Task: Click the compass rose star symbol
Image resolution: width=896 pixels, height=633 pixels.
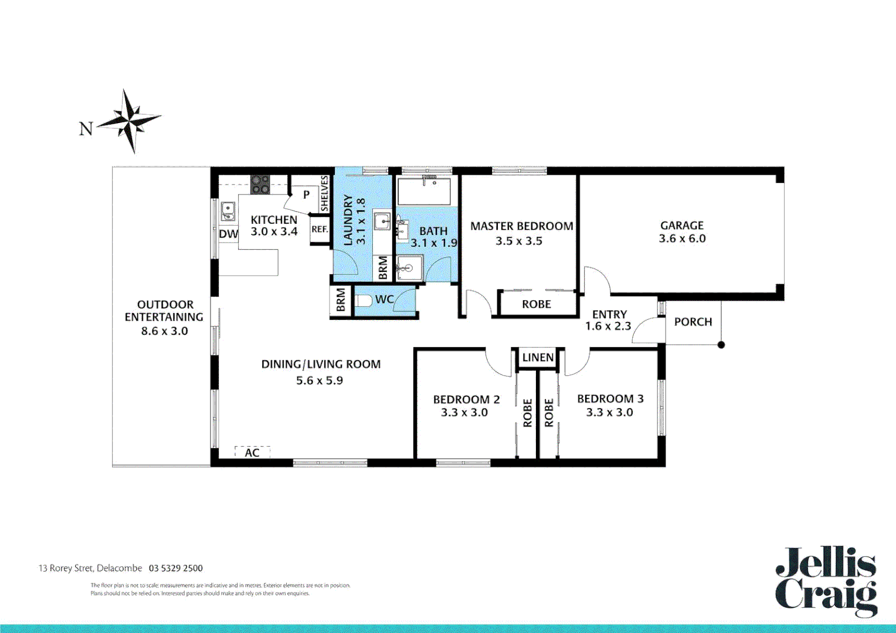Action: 130,121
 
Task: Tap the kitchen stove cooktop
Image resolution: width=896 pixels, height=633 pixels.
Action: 260,184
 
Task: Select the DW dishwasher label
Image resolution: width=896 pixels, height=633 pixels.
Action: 228,234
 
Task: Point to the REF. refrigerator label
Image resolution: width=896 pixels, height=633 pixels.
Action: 320,229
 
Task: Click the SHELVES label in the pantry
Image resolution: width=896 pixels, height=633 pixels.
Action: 324,194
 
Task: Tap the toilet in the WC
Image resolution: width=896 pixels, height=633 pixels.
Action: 363,301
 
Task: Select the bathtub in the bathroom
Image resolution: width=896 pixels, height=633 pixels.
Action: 424,191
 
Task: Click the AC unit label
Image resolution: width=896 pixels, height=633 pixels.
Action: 252,452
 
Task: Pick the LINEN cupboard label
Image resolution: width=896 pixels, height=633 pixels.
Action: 538,358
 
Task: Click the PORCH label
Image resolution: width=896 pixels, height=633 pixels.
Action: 693,322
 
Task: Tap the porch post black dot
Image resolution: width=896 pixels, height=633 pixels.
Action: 721,345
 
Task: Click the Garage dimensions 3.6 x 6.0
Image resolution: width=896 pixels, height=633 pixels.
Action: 682,239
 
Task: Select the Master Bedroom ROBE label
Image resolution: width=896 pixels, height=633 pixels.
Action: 537,304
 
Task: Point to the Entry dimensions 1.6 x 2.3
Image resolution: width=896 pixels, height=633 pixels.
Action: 608,326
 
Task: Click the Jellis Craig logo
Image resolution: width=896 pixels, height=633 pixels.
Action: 826,581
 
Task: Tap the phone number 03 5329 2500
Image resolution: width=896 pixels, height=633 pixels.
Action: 176,568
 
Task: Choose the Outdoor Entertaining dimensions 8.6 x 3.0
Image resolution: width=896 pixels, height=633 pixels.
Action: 164,331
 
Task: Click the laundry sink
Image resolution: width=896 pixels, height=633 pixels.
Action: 382,222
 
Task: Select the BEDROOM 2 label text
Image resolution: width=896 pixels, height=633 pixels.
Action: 466,399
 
